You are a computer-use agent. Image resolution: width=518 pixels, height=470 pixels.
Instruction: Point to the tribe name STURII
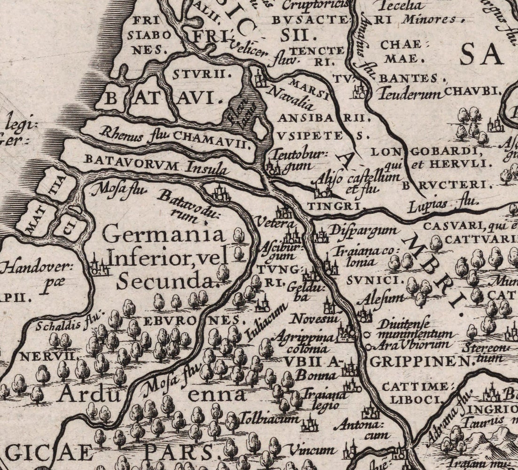[202, 74]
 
